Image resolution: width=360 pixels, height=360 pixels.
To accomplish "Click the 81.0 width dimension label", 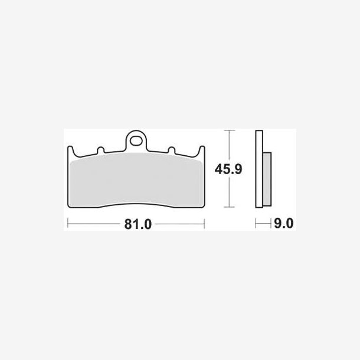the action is point(138,224).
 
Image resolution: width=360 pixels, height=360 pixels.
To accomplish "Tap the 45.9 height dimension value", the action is point(228,169).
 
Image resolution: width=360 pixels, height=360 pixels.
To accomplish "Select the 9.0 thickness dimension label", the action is point(283,223).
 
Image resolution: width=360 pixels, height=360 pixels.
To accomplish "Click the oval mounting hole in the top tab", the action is point(136,141).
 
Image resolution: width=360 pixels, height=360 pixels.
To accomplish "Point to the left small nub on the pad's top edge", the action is point(101,150).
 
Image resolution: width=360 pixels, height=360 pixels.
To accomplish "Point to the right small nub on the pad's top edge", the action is point(172,150).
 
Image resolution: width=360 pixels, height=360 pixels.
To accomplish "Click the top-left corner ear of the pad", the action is point(71,150).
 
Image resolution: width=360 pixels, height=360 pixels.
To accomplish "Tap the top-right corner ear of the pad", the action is point(202,150).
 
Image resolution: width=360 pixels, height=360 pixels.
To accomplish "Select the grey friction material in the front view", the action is point(136,179).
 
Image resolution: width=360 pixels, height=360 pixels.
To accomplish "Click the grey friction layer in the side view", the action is point(267,179).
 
